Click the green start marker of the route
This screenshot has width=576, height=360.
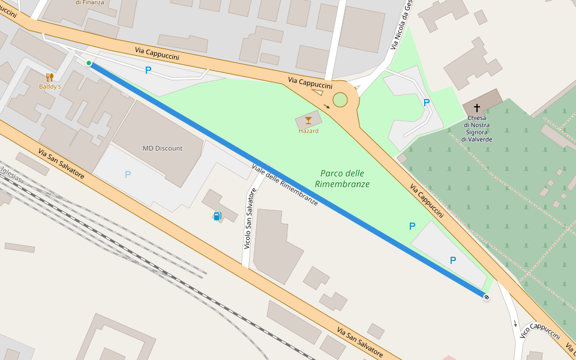click(x=89, y=63)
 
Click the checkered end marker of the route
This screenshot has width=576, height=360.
click(x=486, y=296)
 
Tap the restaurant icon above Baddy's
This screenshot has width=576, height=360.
click(x=50, y=77)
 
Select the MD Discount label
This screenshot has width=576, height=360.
click(x=163, y=148)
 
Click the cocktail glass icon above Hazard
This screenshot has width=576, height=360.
click(x=308, y=121)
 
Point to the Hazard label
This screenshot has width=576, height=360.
click(x=308, y=131)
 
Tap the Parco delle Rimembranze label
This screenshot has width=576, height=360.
click(x=342, y=179)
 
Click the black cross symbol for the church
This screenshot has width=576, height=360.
click(x=477, y=108)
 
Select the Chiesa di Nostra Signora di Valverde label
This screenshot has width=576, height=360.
click(x=477, y=128)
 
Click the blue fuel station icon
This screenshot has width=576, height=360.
click(x=217, y=216)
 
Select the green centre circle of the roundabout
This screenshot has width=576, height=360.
click(x=340, y=100)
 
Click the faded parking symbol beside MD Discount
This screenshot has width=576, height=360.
click(x=127, y=175)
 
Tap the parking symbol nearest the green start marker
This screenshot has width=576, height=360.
click(x=148, y=70)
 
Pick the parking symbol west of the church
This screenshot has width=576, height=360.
click(x=427, y=103)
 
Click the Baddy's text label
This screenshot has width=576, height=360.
click(x=50, y=86)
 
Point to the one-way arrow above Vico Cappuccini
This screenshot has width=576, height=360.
click(x=515, y=324)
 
